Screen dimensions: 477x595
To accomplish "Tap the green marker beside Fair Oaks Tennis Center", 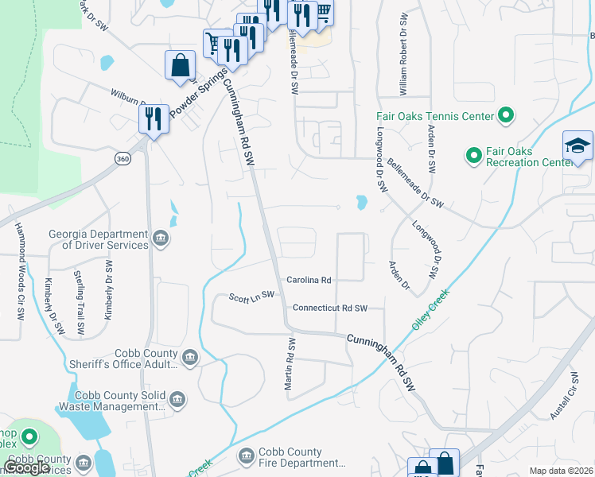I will (x=505, y=117).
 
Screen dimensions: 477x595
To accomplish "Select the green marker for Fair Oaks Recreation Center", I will (x=473, y=154).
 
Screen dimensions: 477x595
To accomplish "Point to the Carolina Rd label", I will (x=309, y=280).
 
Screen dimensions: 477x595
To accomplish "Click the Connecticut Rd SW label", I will (x=330, y=308).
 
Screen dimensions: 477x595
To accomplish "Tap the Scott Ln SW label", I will (x=251, y=296).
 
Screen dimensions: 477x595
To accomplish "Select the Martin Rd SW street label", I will (x=291, y=363).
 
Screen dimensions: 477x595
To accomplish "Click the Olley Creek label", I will (x=430, y=310).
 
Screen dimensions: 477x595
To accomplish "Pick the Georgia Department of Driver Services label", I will (x=99, y=239).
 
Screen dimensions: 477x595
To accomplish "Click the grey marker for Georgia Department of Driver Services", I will (x=161, y=238).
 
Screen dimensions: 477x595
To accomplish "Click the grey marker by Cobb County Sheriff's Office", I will (x=190, y=358).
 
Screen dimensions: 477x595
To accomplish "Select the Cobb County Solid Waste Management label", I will (x=119, y=400).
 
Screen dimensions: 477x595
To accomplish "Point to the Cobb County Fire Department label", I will (x=303, y=457).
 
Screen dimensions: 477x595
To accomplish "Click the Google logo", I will (x=27, y=467).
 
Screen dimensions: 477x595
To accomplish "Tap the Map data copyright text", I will (x=560, y=471).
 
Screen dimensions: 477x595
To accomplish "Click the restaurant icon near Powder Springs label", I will (x=153, y=118).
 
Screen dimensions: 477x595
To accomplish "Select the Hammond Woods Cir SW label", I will (x=18, y=270).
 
